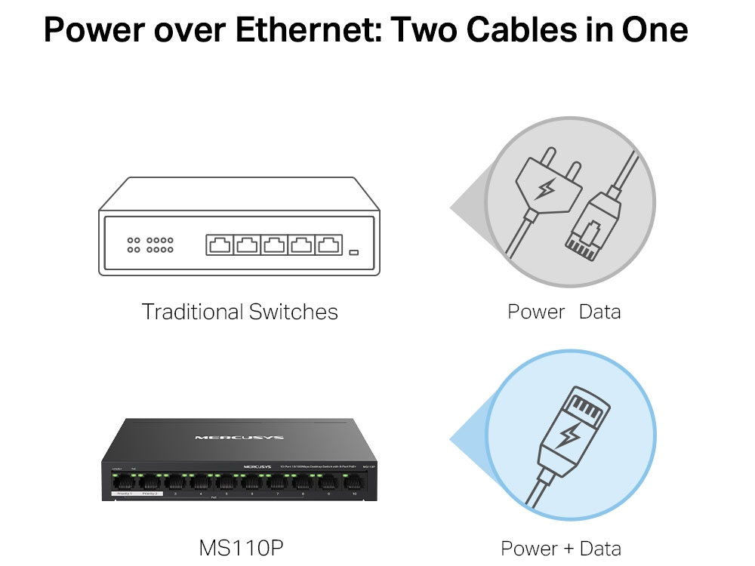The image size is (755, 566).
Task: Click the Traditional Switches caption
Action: (x=239, y=311)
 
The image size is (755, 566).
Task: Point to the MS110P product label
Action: (x=242, y=547)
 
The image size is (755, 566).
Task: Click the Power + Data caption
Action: (x=561, y=549)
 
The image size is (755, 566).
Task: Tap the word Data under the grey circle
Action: (x=599, y=311)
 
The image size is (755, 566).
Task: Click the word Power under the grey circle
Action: (x=536, y=311)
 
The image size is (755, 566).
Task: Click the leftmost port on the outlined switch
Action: (x=220, y=245)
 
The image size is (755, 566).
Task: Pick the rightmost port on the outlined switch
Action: (x=328, y=245)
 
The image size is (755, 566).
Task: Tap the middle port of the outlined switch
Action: (x=274, y=245)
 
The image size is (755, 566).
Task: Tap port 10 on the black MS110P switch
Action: (x=350, y=483)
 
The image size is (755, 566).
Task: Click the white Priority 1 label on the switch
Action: (x=123, y=494)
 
